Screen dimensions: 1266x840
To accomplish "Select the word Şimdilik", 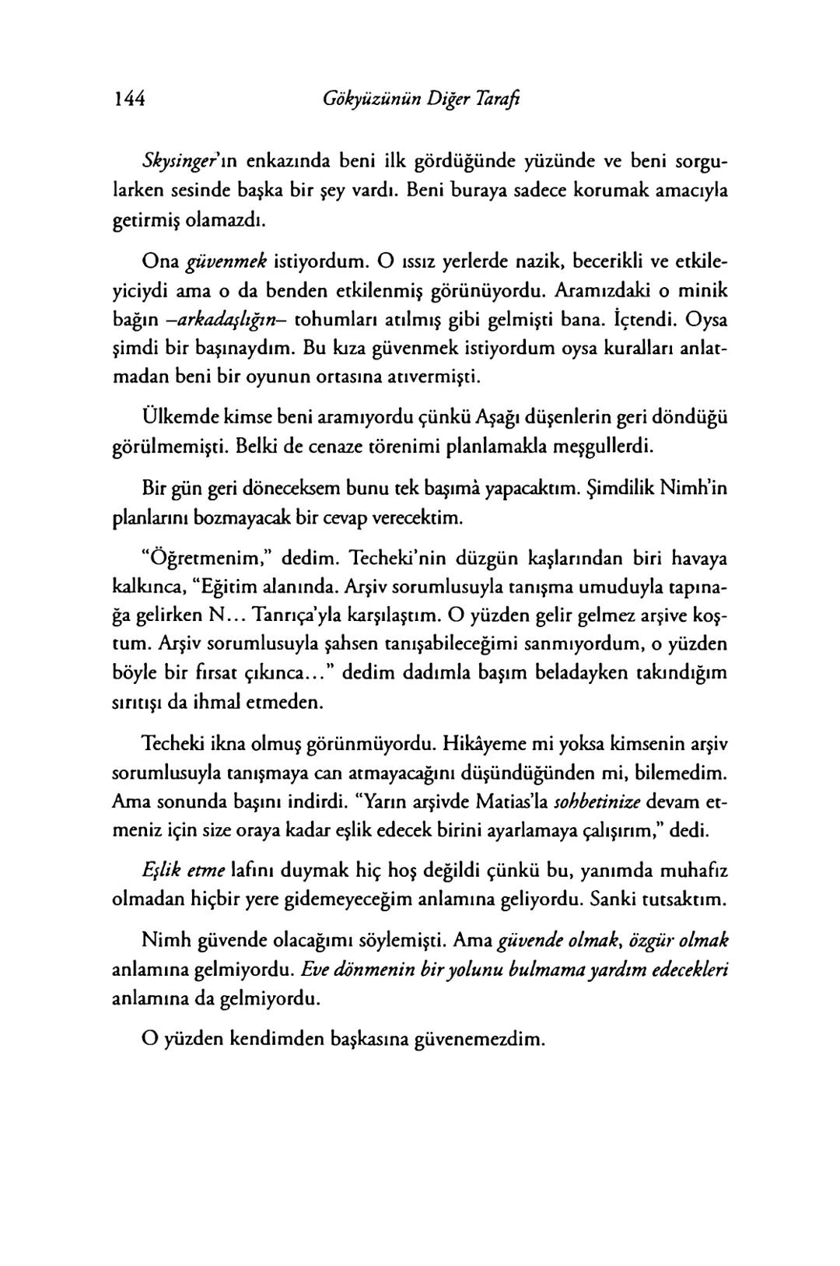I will coord(617,489).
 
